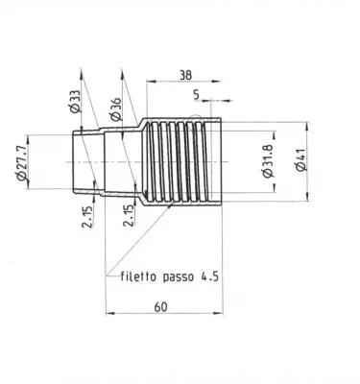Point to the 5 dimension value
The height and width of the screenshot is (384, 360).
tap(196, 96)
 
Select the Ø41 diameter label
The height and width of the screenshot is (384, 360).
tap(300, 158)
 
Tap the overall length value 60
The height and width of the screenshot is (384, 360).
tap(160, 306)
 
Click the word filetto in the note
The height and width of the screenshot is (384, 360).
tap(141, 276)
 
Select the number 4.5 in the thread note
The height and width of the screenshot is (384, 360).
tap(210, 276)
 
